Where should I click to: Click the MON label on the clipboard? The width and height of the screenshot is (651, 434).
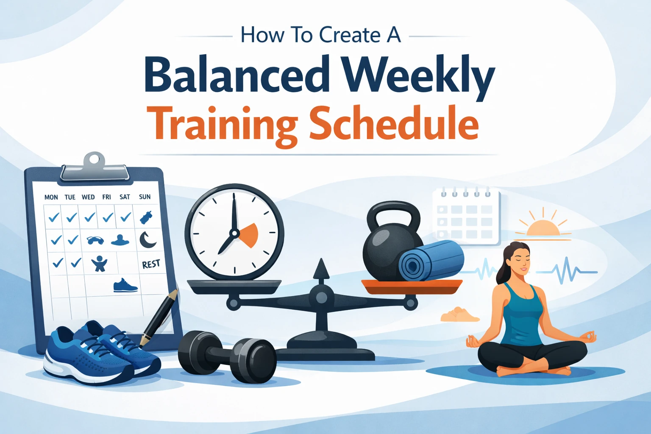click(x=51, y=197)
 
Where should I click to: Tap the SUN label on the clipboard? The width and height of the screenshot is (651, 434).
click(x=145, y=197)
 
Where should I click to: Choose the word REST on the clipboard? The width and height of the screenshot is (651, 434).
click(x=151, y=264)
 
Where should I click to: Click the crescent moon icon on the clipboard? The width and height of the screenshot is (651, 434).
click(x=147, y=240)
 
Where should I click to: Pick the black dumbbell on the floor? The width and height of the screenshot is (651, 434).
click(x=227, y=356)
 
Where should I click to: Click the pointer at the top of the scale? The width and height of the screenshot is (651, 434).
click(x=321, y=269)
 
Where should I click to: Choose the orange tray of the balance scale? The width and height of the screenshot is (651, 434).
click(x=412, y=286)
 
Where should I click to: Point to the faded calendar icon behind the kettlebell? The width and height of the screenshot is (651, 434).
click(x=466, y=216)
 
